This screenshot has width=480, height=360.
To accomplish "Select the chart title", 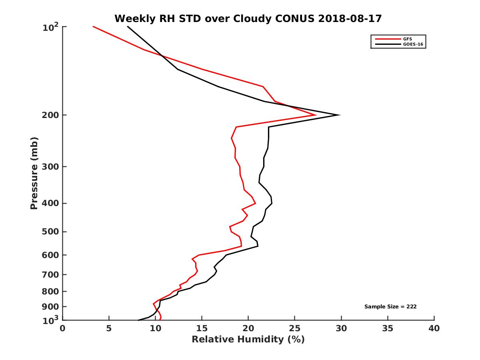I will pyautogui.click(x=248, y=18).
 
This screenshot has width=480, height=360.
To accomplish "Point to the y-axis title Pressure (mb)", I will pyautogui.click(x=34, y=173).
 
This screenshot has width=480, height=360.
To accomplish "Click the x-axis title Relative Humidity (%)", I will pyautogui.click(x=248, y=340).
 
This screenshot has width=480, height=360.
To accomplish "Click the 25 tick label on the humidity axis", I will pyautogui.click(x=295, y=328).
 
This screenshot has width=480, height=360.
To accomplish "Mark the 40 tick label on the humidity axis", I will pyautogui.click(x=434, y=328).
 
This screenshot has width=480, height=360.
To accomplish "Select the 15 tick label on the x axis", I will pyautogui.click(x=202, y=328).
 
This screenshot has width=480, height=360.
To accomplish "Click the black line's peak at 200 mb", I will pyautogui.click(x=340, y=115).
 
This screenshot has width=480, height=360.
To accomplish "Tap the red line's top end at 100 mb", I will pyautogui.click(x=93, y=26).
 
